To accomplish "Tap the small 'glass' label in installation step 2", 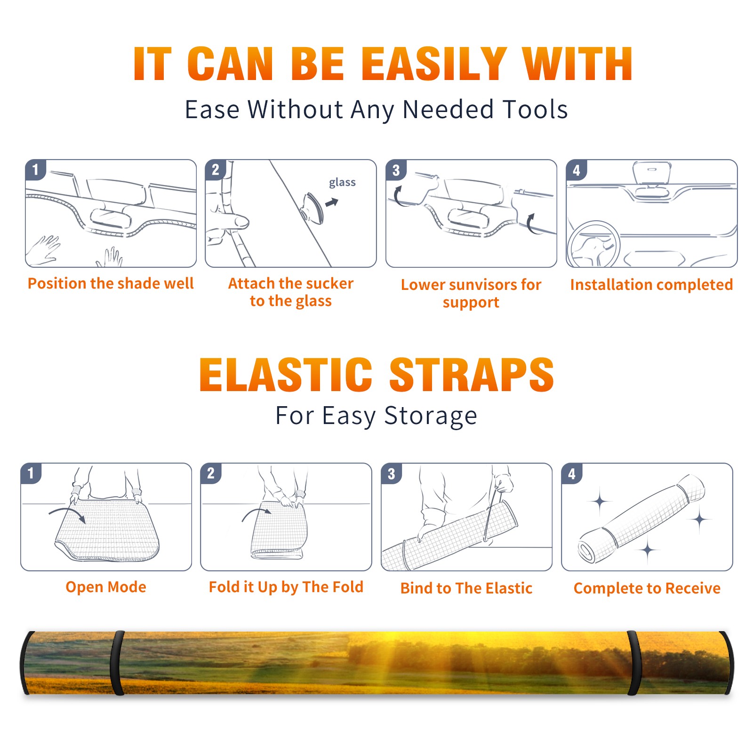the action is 342,183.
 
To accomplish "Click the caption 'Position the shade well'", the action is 111,283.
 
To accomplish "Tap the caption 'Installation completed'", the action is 651,284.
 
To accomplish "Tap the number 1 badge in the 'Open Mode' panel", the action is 31,473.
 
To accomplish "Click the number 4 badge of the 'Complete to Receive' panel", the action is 572,473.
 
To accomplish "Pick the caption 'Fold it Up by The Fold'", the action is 286,587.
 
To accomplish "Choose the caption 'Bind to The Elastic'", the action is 466,588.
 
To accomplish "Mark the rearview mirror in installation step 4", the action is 652,173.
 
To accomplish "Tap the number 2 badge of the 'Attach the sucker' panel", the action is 216,170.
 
